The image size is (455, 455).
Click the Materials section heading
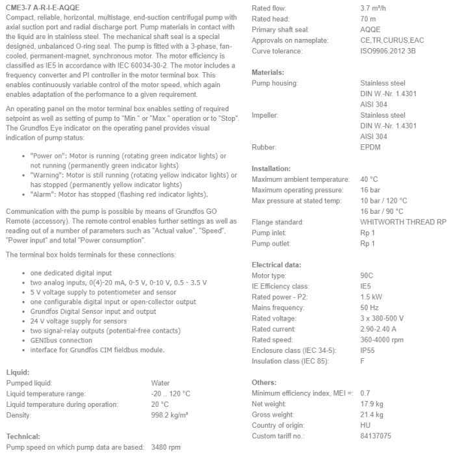[x=268, y=72]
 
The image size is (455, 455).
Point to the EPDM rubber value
[x=370, y=147]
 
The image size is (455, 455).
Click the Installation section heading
[x=272, y=168]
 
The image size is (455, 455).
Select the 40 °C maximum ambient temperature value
[x=369, y=179]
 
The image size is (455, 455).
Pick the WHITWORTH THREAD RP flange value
[x=403, y=222]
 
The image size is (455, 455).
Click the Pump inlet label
[x=270, y=233]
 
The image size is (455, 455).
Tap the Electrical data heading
[x=276, y=265]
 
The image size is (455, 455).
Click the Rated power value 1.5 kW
[x=371, y=297]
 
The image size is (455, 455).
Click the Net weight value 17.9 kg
[x=372, y=404]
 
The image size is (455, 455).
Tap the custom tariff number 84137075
[x=376, y=435]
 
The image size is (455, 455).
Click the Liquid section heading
[x=17, y=372]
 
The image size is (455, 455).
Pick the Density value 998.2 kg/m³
[x=170, y=415]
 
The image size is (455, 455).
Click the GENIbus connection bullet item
[x=61, y=340]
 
